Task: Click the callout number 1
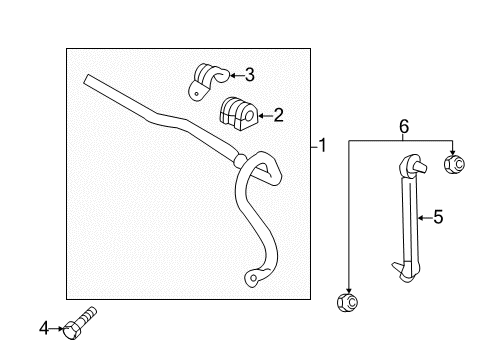pos(321,146)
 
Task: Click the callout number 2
pos(278,115)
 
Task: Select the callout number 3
pos(249,73)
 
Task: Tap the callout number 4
pos(44,326)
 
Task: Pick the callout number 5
pos(437,215)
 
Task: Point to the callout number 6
pos(404,127)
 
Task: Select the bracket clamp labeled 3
pos(208,79)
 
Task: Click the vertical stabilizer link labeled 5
pos(408,215)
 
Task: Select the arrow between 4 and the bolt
pos(58,326)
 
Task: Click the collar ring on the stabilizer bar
pos(239,160)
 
